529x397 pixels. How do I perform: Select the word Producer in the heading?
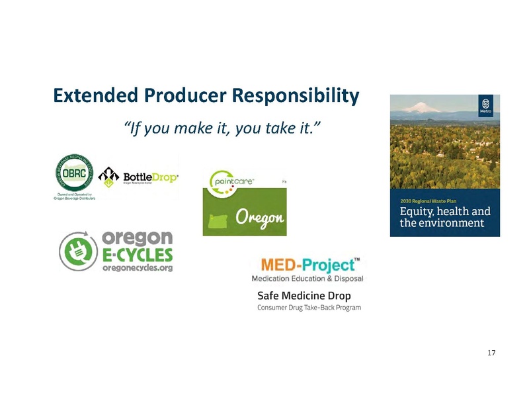(179, 97)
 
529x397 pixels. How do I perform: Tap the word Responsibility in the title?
(294, 97)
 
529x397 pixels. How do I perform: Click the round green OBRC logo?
(74, 174)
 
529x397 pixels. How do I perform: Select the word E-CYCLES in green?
(138, 255)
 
